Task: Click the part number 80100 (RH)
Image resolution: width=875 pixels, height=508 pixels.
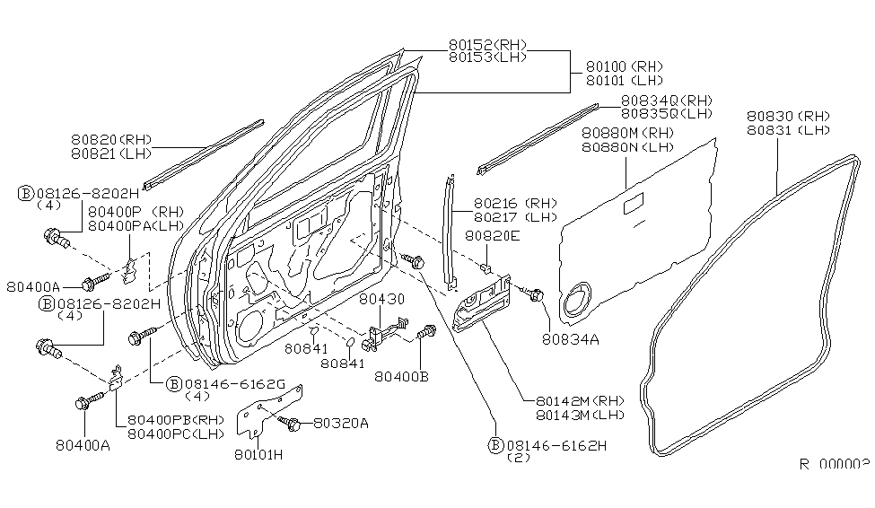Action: [x=625, y=66]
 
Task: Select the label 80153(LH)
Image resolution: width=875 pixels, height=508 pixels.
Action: [x=487, y=57]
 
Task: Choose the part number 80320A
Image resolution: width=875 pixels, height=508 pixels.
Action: [x=338, y=424]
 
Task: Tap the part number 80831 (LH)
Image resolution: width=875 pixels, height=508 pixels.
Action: [x=788, y=130]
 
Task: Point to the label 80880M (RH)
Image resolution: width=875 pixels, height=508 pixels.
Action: [x=627, y=134]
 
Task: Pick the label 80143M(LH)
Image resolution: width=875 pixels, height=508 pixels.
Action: [x=579, y=415]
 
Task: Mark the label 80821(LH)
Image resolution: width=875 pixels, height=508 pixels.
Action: [x=112, y=154]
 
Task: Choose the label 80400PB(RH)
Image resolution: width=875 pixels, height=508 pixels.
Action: [x=175, y=420]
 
